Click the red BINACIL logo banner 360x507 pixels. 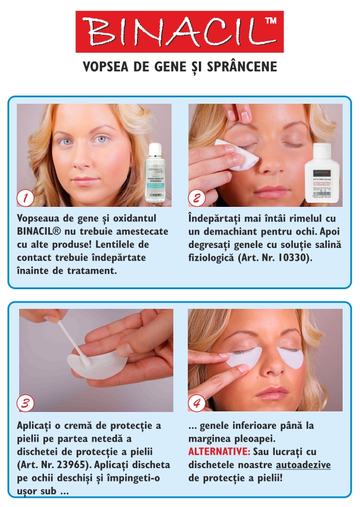click(179, 31)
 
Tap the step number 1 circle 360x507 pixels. click(25, 197)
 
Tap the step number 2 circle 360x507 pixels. click(197, 197)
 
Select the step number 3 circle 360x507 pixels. click(25, 402)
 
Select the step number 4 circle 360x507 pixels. click(197, 402)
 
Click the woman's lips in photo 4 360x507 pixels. click(270, 393)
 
